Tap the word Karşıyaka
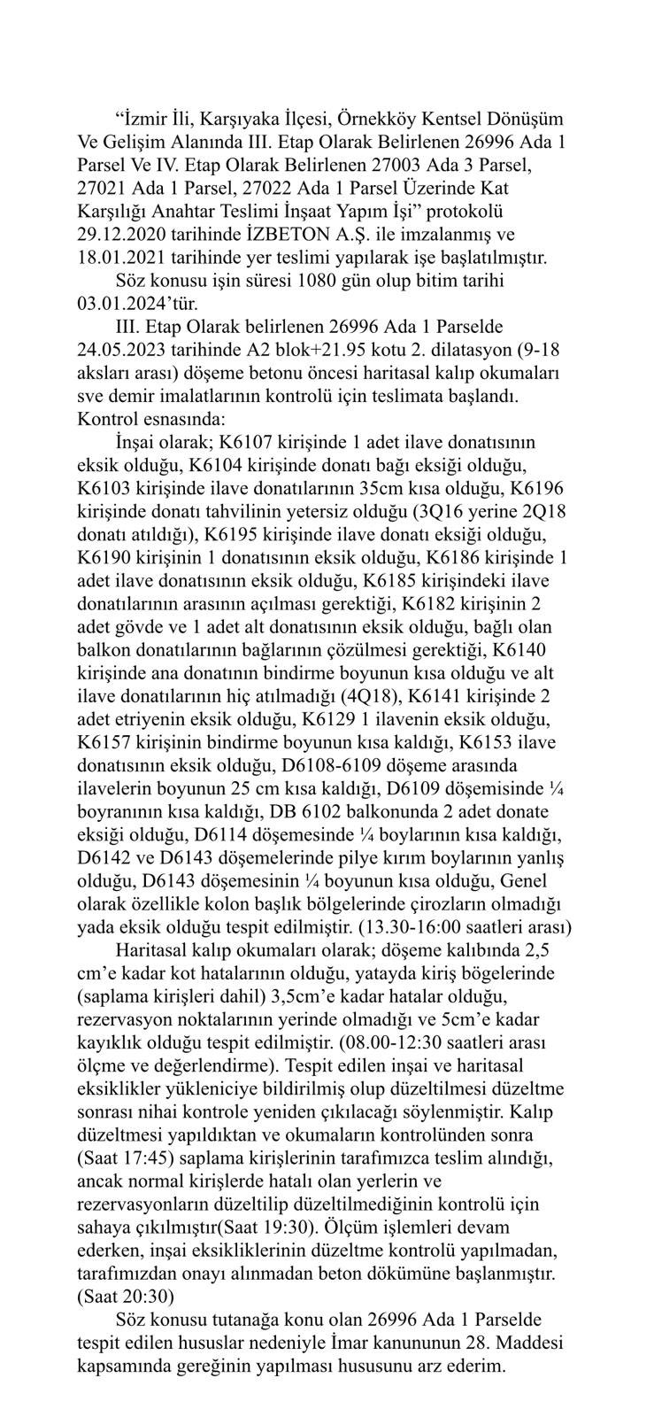point(238,119)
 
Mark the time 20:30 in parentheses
point(108,1294)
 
